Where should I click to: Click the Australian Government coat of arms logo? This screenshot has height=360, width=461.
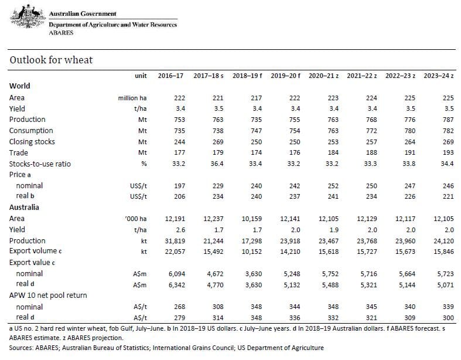pos(28,16)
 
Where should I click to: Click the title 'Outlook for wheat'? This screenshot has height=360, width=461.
pos(51,60)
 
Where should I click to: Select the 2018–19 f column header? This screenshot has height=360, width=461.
pos(247,76)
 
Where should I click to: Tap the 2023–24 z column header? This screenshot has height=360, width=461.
pos(438,76)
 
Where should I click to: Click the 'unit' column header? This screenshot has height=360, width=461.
pos(141,76)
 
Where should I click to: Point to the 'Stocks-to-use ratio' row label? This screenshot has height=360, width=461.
pos(40,164)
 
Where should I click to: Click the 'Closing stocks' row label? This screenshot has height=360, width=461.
pos(32,141)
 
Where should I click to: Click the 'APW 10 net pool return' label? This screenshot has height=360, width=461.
pos(48,296)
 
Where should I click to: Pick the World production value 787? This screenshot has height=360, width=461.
pos(448,120)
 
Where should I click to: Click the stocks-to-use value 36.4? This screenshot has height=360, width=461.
pos(217,164)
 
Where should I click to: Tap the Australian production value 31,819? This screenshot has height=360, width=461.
pos(175,241)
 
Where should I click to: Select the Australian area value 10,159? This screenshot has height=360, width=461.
pos(252,219)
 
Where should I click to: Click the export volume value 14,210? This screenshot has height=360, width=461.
pos(290,252)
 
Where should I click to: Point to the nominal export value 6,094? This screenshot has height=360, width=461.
pos(177,274)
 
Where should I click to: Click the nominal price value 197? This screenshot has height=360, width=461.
pos(180,186)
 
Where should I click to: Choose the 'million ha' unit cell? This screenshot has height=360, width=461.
pos(132,98)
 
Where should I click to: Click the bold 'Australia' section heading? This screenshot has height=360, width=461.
pos(24,207)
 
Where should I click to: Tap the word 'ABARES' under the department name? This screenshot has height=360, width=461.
pos(61,32)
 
